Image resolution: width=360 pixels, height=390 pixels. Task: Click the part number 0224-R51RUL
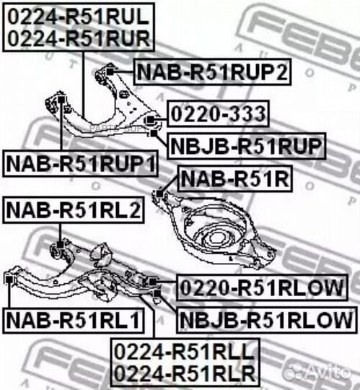click(79, 17)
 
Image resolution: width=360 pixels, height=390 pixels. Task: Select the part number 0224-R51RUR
click(79, 38)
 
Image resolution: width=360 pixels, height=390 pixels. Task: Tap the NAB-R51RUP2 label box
click(212, 72)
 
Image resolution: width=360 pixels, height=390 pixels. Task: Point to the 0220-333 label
click(218, 113)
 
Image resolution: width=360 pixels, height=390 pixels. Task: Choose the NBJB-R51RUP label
click(247, 146)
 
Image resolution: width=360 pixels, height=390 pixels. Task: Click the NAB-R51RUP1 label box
click(80, 163)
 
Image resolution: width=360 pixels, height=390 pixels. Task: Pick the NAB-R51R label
click(235, 179)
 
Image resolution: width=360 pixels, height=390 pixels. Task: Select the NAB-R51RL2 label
click(74, 209)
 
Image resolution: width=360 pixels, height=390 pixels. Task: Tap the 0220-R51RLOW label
click(262, 287)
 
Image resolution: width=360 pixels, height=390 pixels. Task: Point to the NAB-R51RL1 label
click(74, 320)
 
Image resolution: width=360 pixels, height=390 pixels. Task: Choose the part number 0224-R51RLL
click(185, 352)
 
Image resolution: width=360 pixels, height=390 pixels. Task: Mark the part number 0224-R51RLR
click(185, 373)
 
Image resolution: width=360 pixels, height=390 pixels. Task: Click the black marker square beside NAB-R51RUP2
click(110, 72)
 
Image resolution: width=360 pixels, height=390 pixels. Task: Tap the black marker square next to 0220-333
click(150, 120)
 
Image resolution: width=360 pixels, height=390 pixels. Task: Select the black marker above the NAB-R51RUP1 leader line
click(61, 100)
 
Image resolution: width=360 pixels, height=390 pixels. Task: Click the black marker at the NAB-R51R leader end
click(159, 194)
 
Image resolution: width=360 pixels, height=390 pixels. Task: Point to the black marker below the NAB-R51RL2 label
click(60, 245)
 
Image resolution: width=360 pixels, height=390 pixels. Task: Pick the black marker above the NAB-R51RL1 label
click(9, 279)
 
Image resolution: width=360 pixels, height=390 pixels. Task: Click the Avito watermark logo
click(317, 373)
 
